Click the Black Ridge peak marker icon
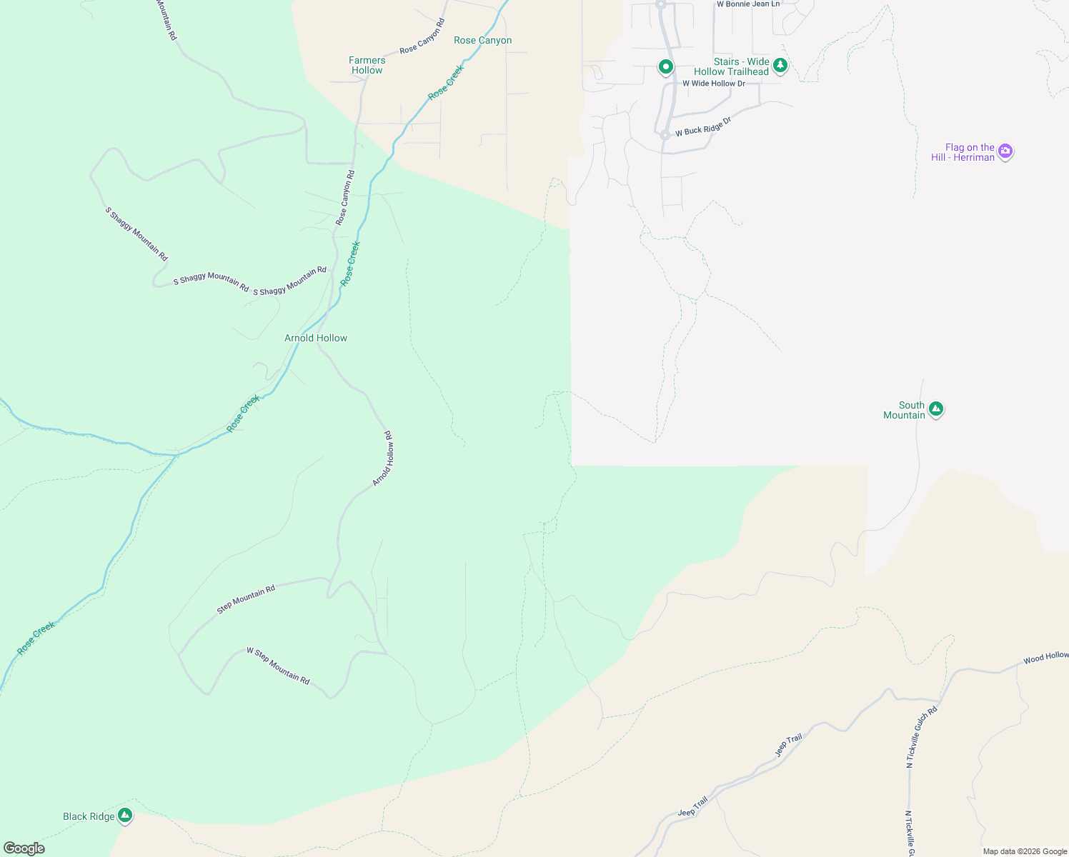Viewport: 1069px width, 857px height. point(125,815)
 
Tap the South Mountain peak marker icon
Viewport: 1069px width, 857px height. point(936,409)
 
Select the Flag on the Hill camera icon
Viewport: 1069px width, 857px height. point(1005,151)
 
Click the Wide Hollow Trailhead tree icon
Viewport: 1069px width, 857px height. point(780,66)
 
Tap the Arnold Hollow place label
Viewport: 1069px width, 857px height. point(316,338)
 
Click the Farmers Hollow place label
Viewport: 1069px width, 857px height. point(367,65)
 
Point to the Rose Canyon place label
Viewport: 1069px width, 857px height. point(483,40)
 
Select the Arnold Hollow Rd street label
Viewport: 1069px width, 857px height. point(383,459)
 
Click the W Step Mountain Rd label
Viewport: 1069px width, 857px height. point(278,666)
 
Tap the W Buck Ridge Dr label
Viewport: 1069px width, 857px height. point(703,127)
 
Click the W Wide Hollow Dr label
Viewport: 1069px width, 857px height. point(713,84)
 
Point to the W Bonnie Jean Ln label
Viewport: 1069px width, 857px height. point(748,4)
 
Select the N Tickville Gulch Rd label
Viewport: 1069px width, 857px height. point(922,737)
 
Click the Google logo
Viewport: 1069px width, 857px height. point(24,848)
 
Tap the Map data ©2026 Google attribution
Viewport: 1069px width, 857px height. point(1025,851)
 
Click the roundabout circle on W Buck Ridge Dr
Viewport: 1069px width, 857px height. point(665,134)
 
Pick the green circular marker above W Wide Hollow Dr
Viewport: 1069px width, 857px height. point(665,67)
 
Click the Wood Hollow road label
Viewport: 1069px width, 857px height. point(1045,657)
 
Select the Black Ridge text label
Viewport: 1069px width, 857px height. point(89,816)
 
